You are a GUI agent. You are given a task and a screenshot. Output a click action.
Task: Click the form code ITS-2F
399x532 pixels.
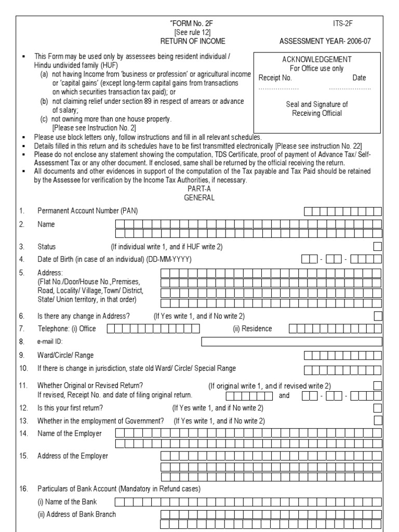343,23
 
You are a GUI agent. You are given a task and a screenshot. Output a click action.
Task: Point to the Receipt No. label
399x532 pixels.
275,78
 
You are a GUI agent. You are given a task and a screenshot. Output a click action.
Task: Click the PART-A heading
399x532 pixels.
199,189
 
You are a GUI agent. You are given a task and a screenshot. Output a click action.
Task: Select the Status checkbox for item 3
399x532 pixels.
378,246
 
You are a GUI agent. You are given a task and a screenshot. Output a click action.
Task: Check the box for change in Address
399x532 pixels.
378,315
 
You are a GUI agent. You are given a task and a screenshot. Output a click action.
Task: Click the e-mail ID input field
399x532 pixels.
291,341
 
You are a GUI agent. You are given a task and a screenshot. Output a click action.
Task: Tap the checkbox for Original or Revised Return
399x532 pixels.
378,385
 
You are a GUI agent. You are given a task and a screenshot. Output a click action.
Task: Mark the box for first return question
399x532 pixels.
378,407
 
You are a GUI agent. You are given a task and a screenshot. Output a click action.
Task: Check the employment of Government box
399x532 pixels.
378,420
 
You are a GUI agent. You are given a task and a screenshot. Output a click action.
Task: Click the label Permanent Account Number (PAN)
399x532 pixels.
88,211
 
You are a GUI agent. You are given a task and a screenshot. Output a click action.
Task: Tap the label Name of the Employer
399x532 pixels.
70,433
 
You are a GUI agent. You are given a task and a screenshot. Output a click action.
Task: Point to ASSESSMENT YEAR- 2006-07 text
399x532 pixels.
325,40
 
